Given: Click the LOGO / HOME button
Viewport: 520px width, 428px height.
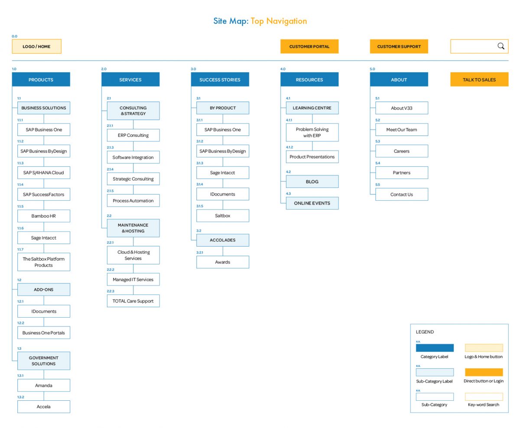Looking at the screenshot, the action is [x=36, y=46].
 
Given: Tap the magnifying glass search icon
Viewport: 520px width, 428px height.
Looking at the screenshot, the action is [x=501, y=46].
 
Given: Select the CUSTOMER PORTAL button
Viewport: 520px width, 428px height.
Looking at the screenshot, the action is [x=309, y=46].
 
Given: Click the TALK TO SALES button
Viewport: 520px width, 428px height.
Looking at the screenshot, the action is [x=479, y=80].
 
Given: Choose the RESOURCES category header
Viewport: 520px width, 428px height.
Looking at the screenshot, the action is [x=309, y=80].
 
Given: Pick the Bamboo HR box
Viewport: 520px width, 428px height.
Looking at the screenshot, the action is [x=44, y=216].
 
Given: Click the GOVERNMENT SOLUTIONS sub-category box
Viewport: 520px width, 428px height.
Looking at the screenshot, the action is [x=44, y=360].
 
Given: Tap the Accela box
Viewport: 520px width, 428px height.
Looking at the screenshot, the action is [x=44, y=406].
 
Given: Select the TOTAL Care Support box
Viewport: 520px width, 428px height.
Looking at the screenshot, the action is [x=133, y=301].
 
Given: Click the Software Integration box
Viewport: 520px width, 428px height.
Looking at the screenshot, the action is [x=133, y=157].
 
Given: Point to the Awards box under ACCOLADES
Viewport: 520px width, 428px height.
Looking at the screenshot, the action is [x=223, y=262].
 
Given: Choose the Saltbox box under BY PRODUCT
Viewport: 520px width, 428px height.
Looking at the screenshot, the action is [x=223, y=216].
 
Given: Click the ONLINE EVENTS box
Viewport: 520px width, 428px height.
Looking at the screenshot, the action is [x=312, y=203].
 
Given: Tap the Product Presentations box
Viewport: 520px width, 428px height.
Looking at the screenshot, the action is [x=312, y=157].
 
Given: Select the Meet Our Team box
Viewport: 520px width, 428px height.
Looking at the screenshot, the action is [x=401, y=129].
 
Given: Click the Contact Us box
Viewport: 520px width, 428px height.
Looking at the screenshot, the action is [x=401, y=194].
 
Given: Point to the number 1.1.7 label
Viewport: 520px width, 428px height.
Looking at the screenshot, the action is [x=20, y=249].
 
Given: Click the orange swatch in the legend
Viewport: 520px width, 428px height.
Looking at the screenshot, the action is [x=484, y=372].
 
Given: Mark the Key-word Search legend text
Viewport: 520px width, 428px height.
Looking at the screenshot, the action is [x=484, y=405].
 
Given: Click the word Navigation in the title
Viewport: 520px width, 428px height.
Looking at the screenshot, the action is [x=286, y=21].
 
